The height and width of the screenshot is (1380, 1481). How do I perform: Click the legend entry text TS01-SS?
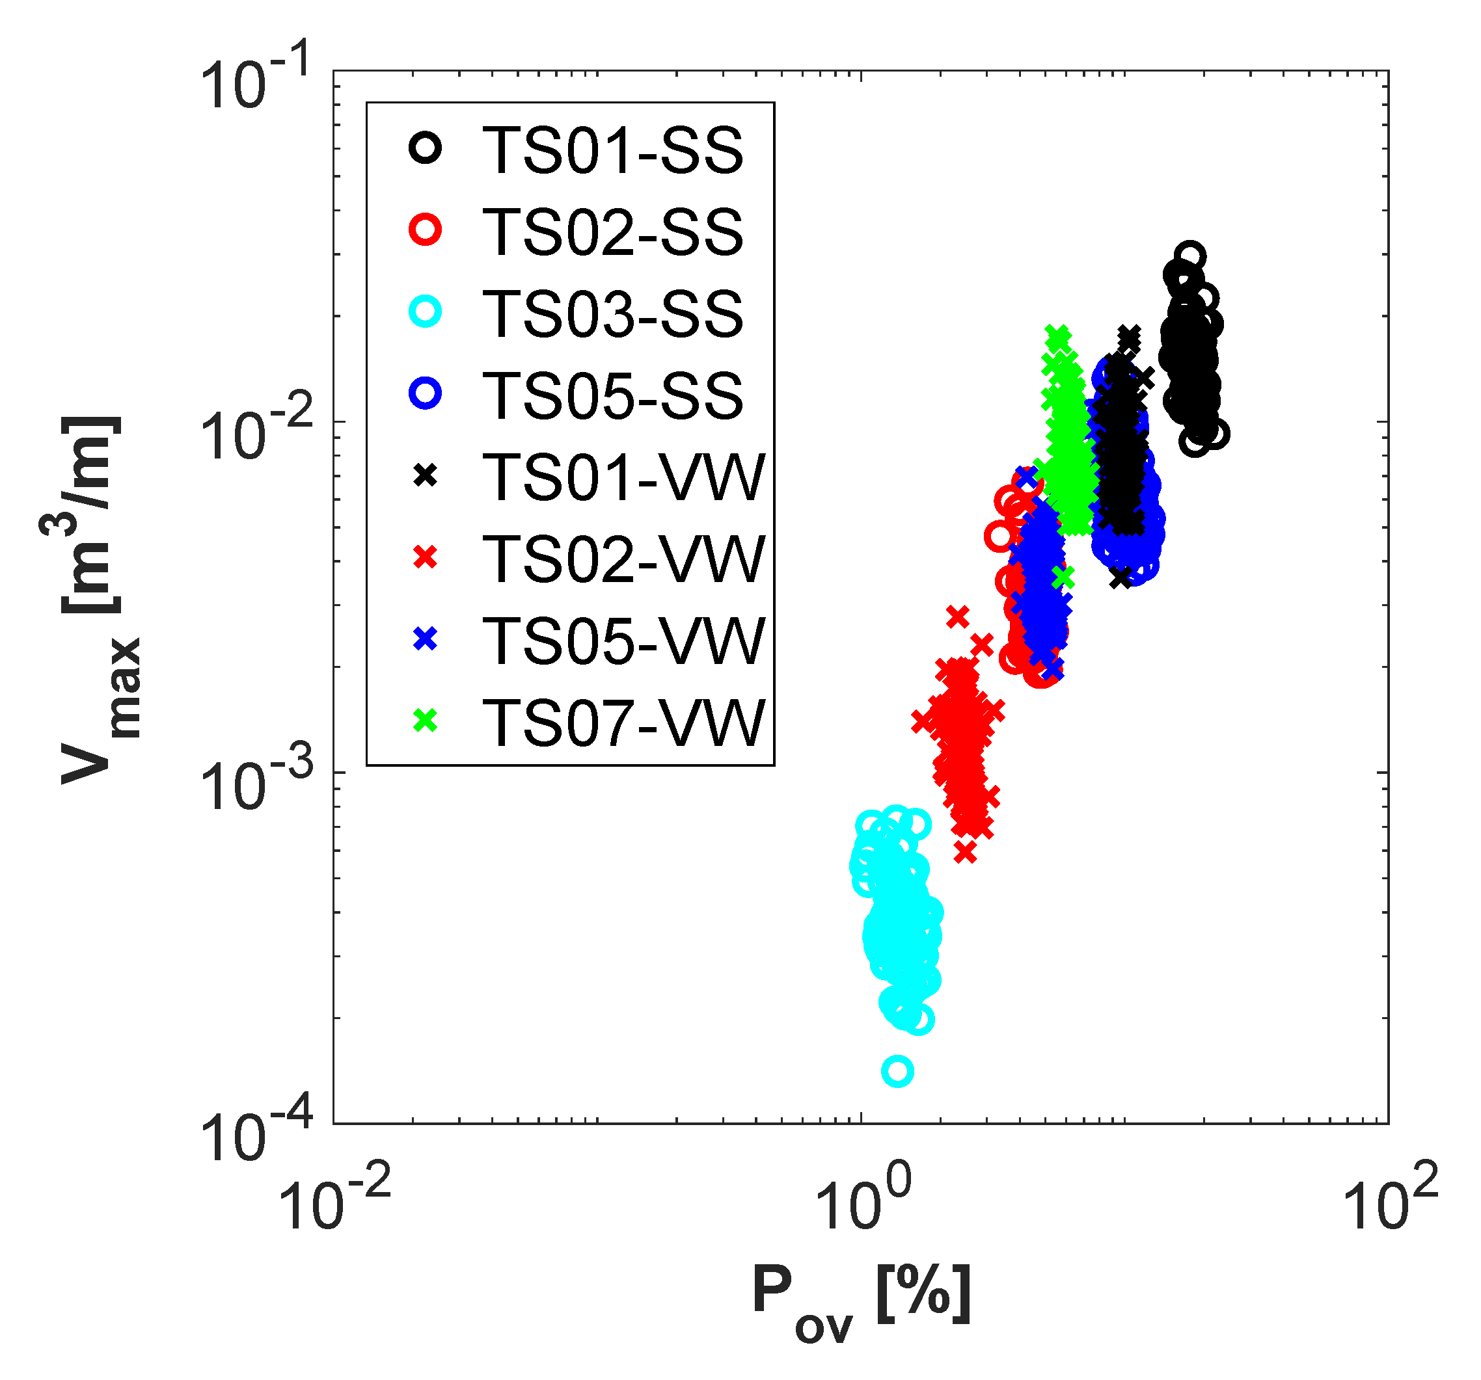pyautogui.click(x=612, y=150)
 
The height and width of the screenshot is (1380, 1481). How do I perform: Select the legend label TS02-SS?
pyautogui.click(x=612, y=232)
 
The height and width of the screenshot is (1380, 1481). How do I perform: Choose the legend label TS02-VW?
pyautogui.click(x=623, y=558)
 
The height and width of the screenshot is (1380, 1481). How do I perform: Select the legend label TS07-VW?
pyautogui.click(x=623, y=721)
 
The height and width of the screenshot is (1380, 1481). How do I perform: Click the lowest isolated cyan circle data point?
pyautogui.click(x=898, y=1071)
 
